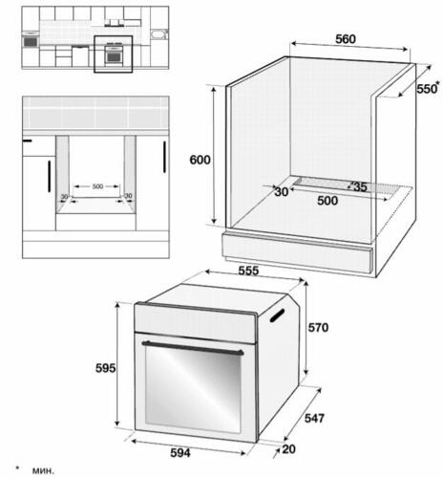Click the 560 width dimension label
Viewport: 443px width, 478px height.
pyautogui.click(x=346, y=39)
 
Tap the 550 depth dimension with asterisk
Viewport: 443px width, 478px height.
pyautogui.click(x=428, y=88)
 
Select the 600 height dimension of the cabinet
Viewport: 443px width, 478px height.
pyautogui.click(x=200, y=160)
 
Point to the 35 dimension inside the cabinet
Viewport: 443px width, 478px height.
pyautogui.click(x=360, y=186)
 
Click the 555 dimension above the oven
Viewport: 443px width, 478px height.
pyautogui.click(x=248, y=271)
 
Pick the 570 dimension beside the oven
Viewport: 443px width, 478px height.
pyautogui.click(x=318, y=327)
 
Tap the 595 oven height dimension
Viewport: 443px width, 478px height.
pyautogui.click(x=106, y=368)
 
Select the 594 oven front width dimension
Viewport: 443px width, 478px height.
pyautogui.click(x=180, y=452)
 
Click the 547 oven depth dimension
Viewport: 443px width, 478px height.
pyautogui.click(x=314, y=418)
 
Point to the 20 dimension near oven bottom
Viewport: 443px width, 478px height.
pyautogui.click(x=288, y=449)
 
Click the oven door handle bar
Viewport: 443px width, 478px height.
pyautogui.click(x=193, y=348)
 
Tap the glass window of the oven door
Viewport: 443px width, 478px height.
pyautogui.click(x=193, y=389)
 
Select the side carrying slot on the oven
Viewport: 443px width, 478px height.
pyautogui.click(x=277, y=315)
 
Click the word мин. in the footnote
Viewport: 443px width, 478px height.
pyautogui.click(x=43, y=470)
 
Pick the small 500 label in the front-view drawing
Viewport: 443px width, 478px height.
pyautogui.click(x=97, y=186)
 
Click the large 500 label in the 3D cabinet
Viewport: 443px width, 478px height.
pyautogui.click(x=327, y=201)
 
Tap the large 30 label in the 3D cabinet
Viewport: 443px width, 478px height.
pyautogui.click(x=282, y=192)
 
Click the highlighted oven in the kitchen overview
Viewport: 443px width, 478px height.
pyautogui.click(x=113, y=54)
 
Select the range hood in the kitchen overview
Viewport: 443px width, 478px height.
pyautogui.click(x=115, y=23)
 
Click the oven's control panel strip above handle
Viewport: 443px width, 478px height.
pyautogui.click(x=196, y=323)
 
